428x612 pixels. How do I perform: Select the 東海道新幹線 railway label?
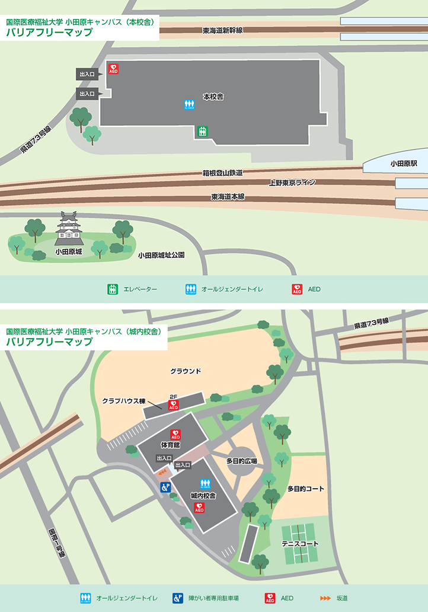coord(222,30)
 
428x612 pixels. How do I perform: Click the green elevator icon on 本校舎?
coord(202,130)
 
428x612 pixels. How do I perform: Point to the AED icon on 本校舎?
coord(113,69)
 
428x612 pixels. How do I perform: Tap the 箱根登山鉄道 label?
coord(222,173)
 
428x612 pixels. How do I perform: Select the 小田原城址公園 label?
coord(161,255)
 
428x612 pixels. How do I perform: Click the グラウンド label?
coord(186,371)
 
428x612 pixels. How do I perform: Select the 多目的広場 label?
coord(241,460)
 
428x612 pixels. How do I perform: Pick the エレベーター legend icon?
coord(113,289)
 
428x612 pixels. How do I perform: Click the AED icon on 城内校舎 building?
coord(199,508)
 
